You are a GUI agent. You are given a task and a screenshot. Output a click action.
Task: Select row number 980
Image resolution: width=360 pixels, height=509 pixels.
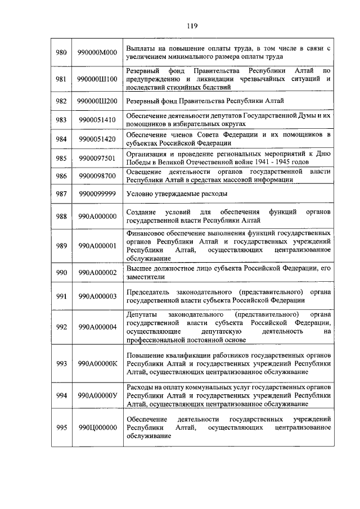(x=61, y=52)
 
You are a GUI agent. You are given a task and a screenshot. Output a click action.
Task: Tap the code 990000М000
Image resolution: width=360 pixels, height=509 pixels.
(x=97, y=52)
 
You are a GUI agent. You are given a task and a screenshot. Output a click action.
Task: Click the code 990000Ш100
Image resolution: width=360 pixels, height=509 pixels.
(x=97, y=79)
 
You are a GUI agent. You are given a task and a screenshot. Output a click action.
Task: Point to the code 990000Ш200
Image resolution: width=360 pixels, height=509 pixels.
(x=97, y=101)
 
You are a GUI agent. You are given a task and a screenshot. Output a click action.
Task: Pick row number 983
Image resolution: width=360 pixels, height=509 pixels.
(x=61, y=120)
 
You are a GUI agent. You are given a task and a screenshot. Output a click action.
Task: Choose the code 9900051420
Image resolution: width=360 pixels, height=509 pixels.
(x=97, y=139)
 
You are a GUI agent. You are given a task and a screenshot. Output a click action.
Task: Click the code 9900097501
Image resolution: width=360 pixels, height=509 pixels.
(x=97, y=158)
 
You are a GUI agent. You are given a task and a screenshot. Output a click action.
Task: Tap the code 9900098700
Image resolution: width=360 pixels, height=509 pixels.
(x=97, y=176)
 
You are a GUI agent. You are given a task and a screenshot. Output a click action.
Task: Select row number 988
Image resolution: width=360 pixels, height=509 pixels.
(x=61, y=215)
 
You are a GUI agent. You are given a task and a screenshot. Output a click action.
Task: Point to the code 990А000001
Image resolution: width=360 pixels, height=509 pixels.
(x=97, y=245)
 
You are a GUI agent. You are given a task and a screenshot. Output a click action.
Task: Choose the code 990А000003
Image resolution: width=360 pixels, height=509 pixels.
(x=97, y=296)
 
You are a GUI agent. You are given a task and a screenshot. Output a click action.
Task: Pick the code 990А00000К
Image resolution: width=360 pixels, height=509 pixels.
(x=97, y=363)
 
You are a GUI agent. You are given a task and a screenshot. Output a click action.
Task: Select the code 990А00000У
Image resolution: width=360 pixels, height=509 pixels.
(x=97, y=395)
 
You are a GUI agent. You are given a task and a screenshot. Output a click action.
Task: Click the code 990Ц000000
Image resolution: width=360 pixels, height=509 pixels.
(x=97, y=427)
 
